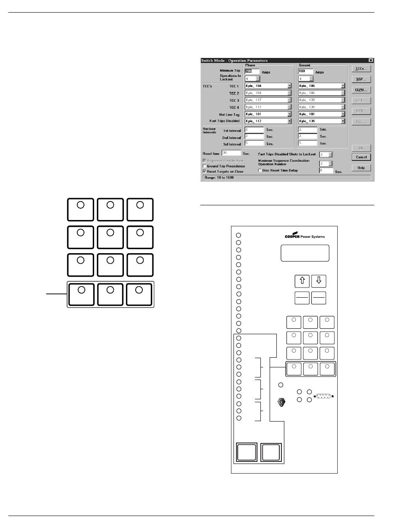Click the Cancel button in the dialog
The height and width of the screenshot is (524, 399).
(361, 157)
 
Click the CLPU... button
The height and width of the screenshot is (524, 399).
(361, 90)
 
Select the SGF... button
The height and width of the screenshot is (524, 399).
(361, 79)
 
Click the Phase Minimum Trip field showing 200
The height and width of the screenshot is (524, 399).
(252, 71)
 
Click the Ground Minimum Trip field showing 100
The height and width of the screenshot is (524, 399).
(305, 71)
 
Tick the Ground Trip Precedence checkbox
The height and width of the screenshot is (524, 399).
(205, 166)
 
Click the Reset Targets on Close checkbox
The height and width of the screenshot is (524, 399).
(205, 171)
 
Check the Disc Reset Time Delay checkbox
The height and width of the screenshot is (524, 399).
(260, 170)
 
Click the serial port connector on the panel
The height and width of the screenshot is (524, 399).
(323, 396)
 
